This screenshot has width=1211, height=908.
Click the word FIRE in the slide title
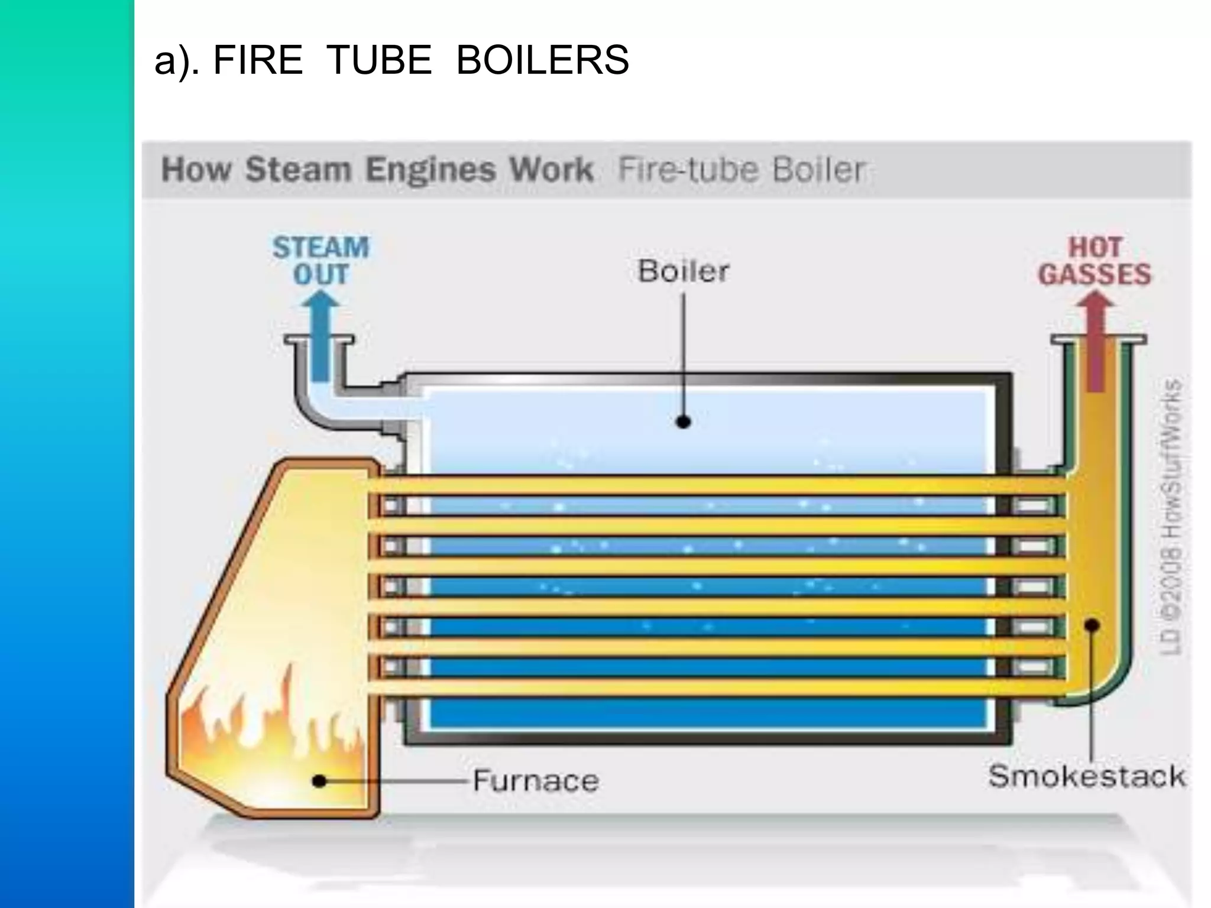257,60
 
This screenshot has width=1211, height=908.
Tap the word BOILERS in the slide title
542,60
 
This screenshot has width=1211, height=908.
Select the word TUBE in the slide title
378,60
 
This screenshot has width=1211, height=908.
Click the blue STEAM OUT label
320,261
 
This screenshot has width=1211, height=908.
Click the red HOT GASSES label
1095,261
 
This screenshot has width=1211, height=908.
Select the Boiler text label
683,271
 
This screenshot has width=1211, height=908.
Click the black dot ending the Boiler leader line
684,422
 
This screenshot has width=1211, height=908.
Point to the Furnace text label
536,781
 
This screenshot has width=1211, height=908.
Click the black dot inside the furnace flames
319,781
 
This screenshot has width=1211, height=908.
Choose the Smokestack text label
1087,776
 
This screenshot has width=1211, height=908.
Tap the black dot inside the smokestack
1092,625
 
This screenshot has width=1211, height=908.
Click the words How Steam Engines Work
377,170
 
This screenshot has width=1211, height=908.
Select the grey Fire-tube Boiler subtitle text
742,170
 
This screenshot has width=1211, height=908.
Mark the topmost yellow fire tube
710,486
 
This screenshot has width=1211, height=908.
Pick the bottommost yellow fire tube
710,688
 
